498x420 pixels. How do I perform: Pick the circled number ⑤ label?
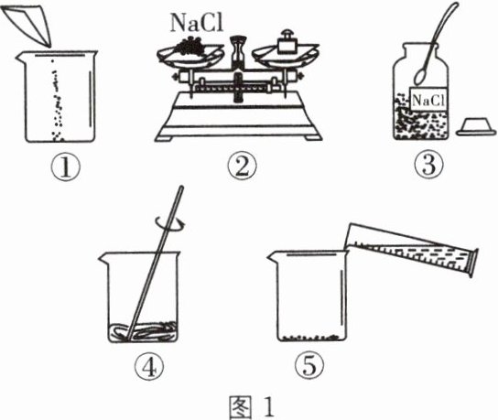coord(309,366)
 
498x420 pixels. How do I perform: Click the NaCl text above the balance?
coord(197,23)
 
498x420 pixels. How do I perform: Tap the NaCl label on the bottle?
coord(428,101)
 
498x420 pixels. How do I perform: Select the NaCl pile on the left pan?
coord(189,47)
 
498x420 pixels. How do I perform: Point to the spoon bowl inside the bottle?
coord(421,77)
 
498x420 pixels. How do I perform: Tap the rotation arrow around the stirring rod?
coord(170,223)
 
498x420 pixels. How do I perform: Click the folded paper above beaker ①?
coord(27,26)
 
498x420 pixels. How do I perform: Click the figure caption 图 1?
coord(251,407)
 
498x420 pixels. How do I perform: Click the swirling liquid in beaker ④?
coord(143,331)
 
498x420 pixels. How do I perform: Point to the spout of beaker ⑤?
coord(274,256)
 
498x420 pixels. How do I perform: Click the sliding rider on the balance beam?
coord(238,87)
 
